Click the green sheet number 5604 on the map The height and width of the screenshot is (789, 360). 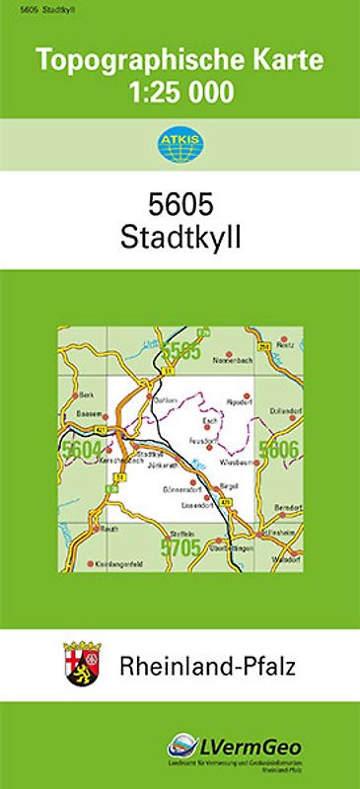click(80, 450)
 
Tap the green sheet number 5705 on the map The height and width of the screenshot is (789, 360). click(180, 545)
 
